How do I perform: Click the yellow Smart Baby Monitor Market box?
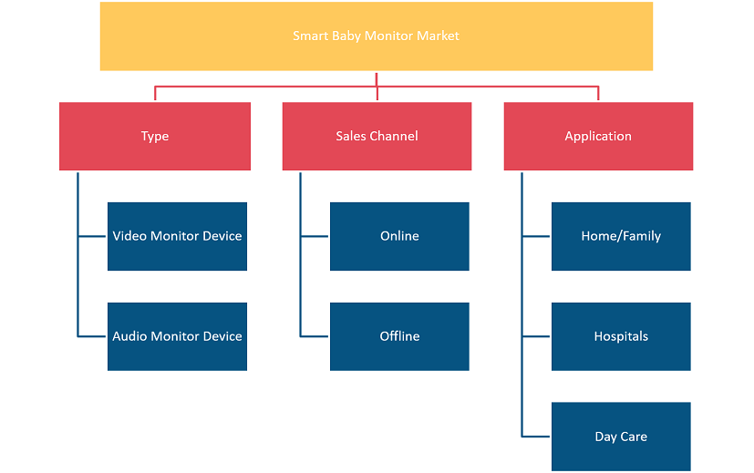[376, 36]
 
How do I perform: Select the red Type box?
[155, 136]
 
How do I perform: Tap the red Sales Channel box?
[377, 136]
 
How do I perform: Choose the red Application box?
[598, 136]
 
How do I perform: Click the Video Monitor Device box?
[177, 236]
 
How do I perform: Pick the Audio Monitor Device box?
[177, 336]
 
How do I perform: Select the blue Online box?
[399, 236]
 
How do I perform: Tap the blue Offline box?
[399, 336]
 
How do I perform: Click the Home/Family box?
[621, 236]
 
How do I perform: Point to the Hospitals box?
[621, 336]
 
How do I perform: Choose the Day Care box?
[621, 437]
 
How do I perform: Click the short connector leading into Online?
[315, 237]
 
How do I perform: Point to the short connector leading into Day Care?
[536, 437]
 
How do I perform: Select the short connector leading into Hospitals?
[536, 336]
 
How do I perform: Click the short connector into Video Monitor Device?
[92, 237]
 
